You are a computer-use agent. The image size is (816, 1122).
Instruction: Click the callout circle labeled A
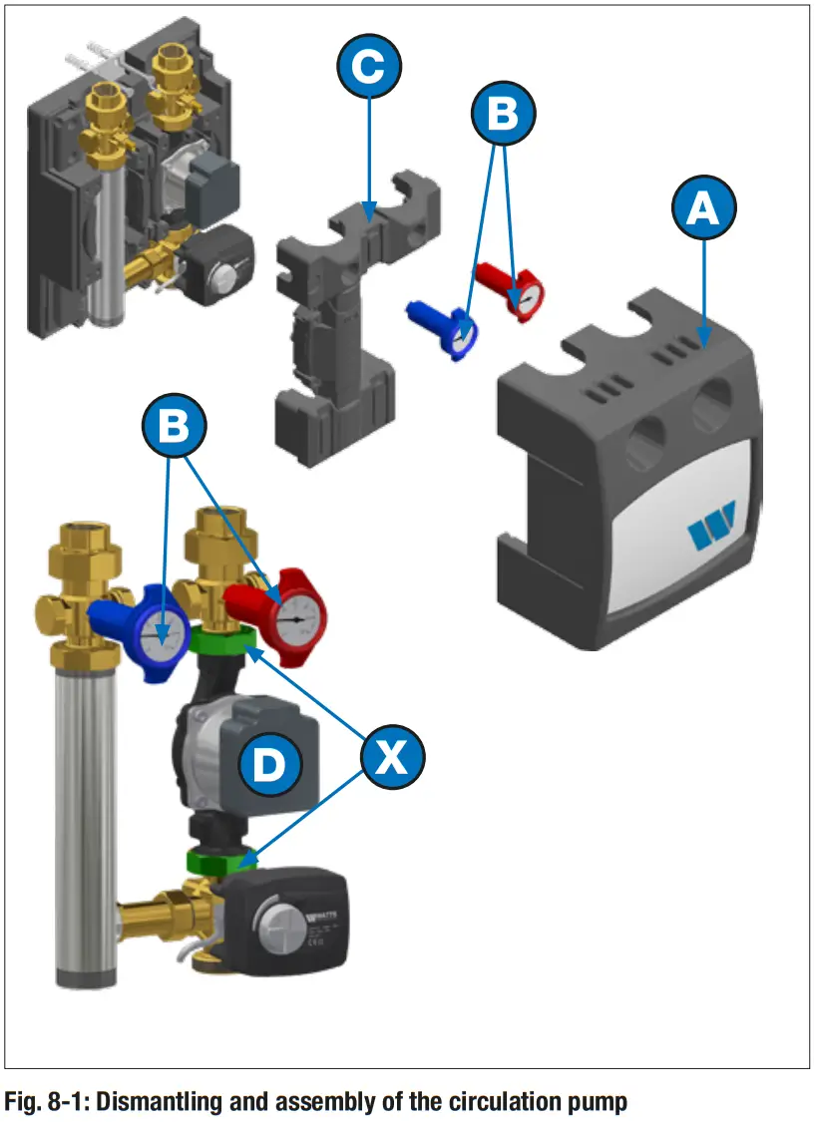tap(704, 208)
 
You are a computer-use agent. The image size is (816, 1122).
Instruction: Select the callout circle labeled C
tap(369, 67)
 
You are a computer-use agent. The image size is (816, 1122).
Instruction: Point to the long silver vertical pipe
tap(81, 818)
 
